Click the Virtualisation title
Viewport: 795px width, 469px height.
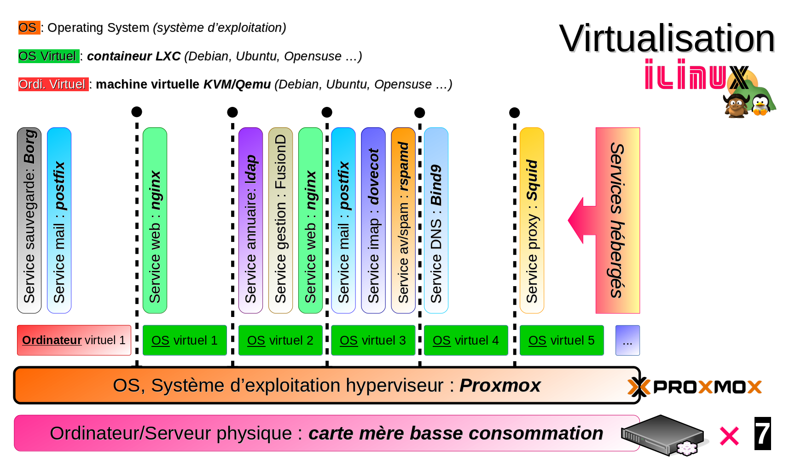[x=667, y=39]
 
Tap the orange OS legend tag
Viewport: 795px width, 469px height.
[x=29, y=28]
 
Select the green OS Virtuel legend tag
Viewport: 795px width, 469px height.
[x=49, y=56]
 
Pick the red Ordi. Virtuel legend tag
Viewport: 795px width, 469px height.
[x=53, y=84]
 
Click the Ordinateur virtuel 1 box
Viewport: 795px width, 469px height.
[x=74, y=340]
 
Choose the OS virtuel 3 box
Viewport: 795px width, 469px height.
[x=373, y=340]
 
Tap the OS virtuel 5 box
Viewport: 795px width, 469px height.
[x=562, y=340]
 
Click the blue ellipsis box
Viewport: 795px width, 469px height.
[x=627, y=340]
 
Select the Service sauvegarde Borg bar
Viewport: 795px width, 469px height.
[x=29, y=220]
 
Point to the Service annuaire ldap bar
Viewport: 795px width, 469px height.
[x=250, y=220]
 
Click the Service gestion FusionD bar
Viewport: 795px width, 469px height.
[x=280, y=220]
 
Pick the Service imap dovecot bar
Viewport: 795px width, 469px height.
[x=373, y=220]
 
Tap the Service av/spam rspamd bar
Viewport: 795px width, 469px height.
[x=403, y=220]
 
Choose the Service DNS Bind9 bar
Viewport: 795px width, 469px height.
[x=436, y=220]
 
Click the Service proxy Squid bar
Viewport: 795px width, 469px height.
[x=532, y=220]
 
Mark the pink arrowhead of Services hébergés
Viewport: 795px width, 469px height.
[x=578, y=220]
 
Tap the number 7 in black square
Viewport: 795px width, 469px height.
[x=763, y=434]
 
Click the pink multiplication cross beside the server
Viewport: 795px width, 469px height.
[x=729, y=436]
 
